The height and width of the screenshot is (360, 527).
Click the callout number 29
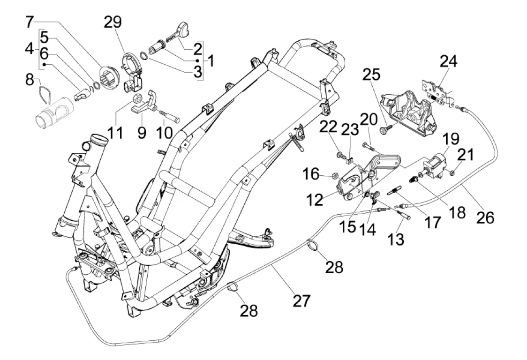[x=113, y=22]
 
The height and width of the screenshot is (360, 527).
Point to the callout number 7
[x=30, y=22]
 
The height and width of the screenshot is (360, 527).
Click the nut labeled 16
[x=334, y=176]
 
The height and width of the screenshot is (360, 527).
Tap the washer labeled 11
[x=139, y=99]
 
